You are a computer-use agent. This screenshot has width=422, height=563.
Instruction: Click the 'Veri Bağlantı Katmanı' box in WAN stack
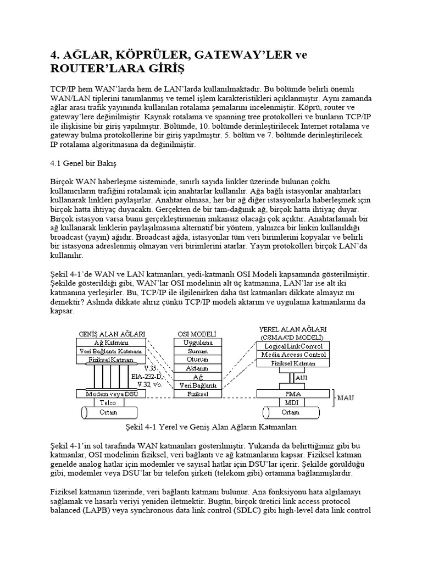point(111,351)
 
